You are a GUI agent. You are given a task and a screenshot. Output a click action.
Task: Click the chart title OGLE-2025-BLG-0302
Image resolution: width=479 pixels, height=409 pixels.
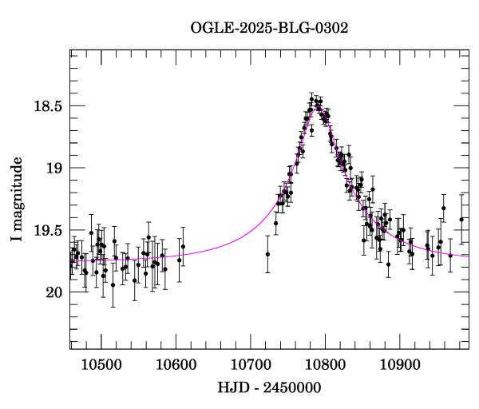tap(269, 28)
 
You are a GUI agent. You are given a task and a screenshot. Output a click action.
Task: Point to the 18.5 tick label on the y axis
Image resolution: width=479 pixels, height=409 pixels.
tap(47, 106)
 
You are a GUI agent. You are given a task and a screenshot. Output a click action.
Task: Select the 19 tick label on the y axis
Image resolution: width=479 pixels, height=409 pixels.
tap(53, 169)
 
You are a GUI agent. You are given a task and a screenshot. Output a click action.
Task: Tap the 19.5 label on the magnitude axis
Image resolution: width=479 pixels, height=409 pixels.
tap(47, 231)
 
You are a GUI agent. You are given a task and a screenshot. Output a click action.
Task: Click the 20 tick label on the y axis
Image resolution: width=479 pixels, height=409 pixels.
tap(53, 292)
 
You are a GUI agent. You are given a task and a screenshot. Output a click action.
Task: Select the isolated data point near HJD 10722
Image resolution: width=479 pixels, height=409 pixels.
tap(267, 254)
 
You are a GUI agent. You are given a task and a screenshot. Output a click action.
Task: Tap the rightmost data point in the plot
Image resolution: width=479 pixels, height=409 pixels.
tap(461, 220)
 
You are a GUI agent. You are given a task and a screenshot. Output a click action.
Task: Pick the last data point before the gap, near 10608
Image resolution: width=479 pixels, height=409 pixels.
tap(182, 246)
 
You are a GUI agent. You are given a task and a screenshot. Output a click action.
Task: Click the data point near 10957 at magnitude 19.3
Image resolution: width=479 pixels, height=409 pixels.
tap(444, 208)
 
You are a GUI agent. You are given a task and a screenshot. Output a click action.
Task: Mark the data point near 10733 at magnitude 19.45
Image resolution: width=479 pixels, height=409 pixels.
tap(275, 223)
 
